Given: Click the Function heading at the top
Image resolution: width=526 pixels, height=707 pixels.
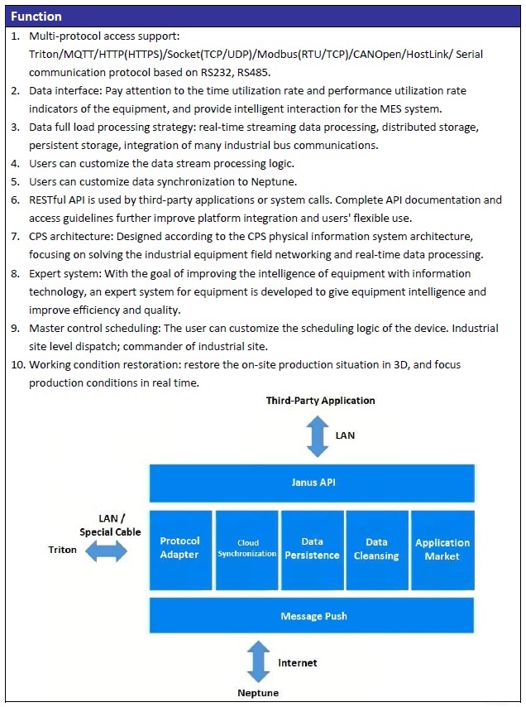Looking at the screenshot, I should coord(36,16).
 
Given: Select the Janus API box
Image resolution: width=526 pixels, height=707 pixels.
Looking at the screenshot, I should coord(312,482).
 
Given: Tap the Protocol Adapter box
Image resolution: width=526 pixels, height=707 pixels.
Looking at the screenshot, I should coord(179,548).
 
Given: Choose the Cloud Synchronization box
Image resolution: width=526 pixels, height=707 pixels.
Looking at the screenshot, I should coord(246,548).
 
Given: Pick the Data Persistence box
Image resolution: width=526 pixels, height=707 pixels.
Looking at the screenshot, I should coord(312,548).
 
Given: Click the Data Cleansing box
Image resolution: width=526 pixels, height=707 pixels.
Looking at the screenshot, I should coord(376,548).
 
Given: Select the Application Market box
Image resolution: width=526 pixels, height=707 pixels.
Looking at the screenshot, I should coord(442,548).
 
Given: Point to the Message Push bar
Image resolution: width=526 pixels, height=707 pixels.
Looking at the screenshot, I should coord(312,616).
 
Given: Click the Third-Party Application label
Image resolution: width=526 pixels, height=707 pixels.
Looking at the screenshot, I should coord(320,401).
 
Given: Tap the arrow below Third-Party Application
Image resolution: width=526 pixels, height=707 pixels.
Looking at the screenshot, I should coord(318,436).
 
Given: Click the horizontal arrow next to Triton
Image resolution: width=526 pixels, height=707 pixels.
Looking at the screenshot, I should coord(106,551).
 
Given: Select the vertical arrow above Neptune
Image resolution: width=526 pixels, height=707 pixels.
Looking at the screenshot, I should coord(259,663).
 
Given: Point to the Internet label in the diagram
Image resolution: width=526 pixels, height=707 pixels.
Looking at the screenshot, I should coord(297,663).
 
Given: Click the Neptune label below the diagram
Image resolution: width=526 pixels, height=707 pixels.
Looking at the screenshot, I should coord(258,693).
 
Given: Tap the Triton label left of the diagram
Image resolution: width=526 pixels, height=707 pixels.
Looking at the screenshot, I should coord(63,550).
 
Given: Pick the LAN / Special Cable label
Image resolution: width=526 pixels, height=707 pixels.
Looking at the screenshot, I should coord(110,525).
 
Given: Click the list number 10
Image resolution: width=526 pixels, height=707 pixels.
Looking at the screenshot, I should coord(18,364).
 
